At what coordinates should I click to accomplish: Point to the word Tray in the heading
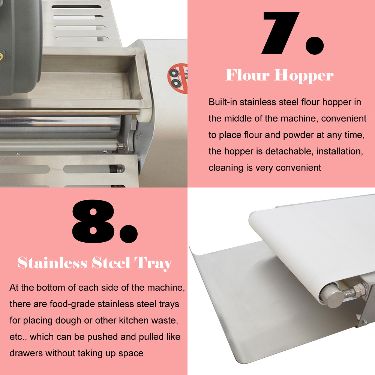click(153, 264)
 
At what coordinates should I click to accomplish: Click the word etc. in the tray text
click(17, 337)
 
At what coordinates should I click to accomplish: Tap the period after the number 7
click(315, 44)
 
